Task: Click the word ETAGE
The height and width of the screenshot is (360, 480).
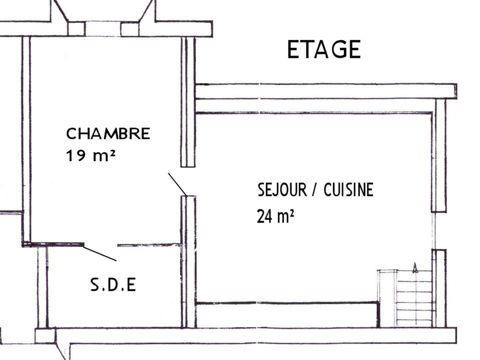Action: [x=323, y=49]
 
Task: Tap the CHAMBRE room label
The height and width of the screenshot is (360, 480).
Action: [x=108, y=134]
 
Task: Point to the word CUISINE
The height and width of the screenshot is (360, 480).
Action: [x=348, y=190]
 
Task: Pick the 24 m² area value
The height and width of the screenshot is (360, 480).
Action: [x=275, y=216]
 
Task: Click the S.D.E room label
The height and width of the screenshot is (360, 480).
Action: [x=113, y=285]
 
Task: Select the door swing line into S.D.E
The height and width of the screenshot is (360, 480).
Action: [x=100, y=253]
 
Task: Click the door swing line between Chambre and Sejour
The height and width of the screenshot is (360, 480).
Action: [x=177, y=184]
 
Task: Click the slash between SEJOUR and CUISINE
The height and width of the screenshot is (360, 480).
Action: [x=315, y=190]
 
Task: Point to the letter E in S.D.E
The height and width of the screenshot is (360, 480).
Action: [x=131, y=285]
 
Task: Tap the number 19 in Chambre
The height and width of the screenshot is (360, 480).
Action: [x=74, y=155]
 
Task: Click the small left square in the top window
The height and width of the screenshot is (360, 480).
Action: [x=76, y=28]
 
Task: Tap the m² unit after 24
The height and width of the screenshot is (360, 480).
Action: [x=285, y=216]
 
